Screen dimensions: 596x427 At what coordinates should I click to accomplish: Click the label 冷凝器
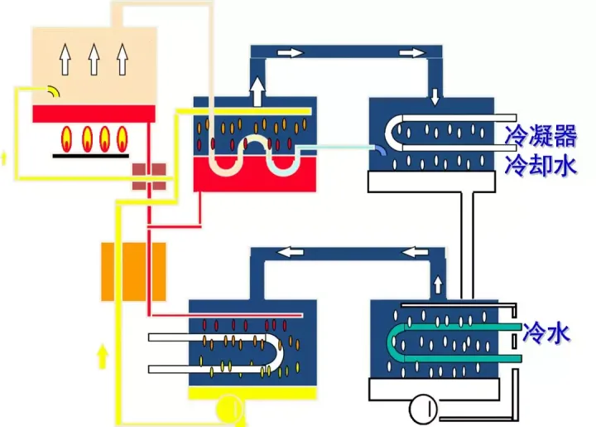(541, 135)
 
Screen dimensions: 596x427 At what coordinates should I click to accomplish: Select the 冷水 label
(546, 334)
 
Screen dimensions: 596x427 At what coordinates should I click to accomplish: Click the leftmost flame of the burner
(66, 139)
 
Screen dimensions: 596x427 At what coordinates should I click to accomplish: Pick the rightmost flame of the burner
(122, 139)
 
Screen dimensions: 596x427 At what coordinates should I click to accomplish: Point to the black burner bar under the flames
(90, 156)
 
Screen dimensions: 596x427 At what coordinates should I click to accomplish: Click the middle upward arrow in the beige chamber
(94, 59)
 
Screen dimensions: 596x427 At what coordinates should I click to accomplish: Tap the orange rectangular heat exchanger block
(133, 272)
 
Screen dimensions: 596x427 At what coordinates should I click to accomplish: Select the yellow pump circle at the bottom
(229, 410)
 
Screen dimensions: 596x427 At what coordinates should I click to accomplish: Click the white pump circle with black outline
(423, 410)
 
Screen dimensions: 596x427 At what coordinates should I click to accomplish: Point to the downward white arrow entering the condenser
(435, 97)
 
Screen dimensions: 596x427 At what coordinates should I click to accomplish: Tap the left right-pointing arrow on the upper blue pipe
(291, 51)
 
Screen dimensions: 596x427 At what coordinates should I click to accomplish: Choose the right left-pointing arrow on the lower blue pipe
(416, 251)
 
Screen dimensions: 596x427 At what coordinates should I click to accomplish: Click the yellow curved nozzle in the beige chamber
(54, 90)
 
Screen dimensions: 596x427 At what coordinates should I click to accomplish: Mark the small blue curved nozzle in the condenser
(381, 151)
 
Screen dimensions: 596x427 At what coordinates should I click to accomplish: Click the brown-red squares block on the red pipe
(149, 177)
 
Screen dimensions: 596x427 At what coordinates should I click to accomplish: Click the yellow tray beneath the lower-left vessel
(252, 393)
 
